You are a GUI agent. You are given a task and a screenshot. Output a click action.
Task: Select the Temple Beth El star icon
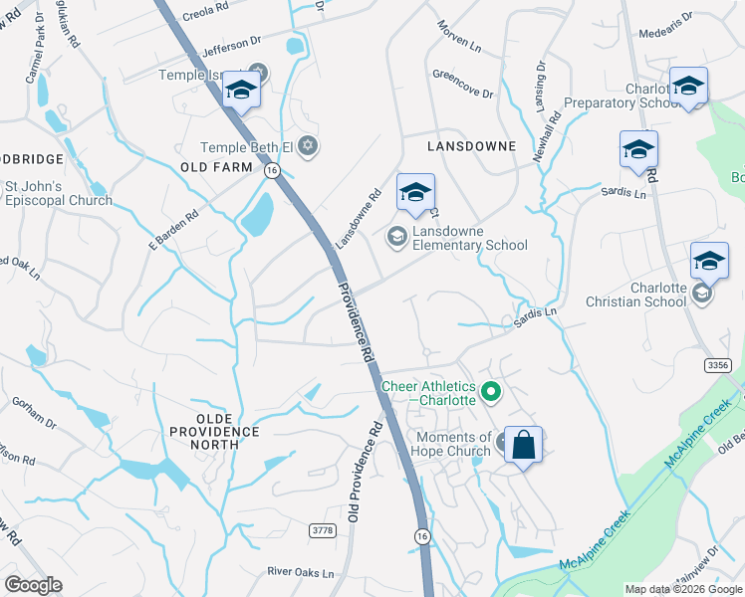coord(308,147)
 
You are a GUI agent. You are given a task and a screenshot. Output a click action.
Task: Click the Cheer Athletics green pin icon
coord(489,393)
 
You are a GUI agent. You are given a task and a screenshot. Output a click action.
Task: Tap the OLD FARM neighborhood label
coord(216,167)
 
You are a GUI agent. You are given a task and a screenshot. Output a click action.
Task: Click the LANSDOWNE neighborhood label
coord(471,146)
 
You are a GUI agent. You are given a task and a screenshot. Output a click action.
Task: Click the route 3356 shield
coord(718,366)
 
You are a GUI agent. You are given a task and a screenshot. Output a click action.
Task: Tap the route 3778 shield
coord(322,529)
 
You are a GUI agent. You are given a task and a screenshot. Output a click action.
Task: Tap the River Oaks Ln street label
coord(300,572)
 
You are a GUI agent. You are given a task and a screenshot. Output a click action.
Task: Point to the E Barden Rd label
coord(174,227)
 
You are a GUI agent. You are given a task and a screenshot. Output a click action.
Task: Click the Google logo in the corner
coord(33,585)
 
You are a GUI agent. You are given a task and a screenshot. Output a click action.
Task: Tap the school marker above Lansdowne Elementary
coord(415,192)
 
